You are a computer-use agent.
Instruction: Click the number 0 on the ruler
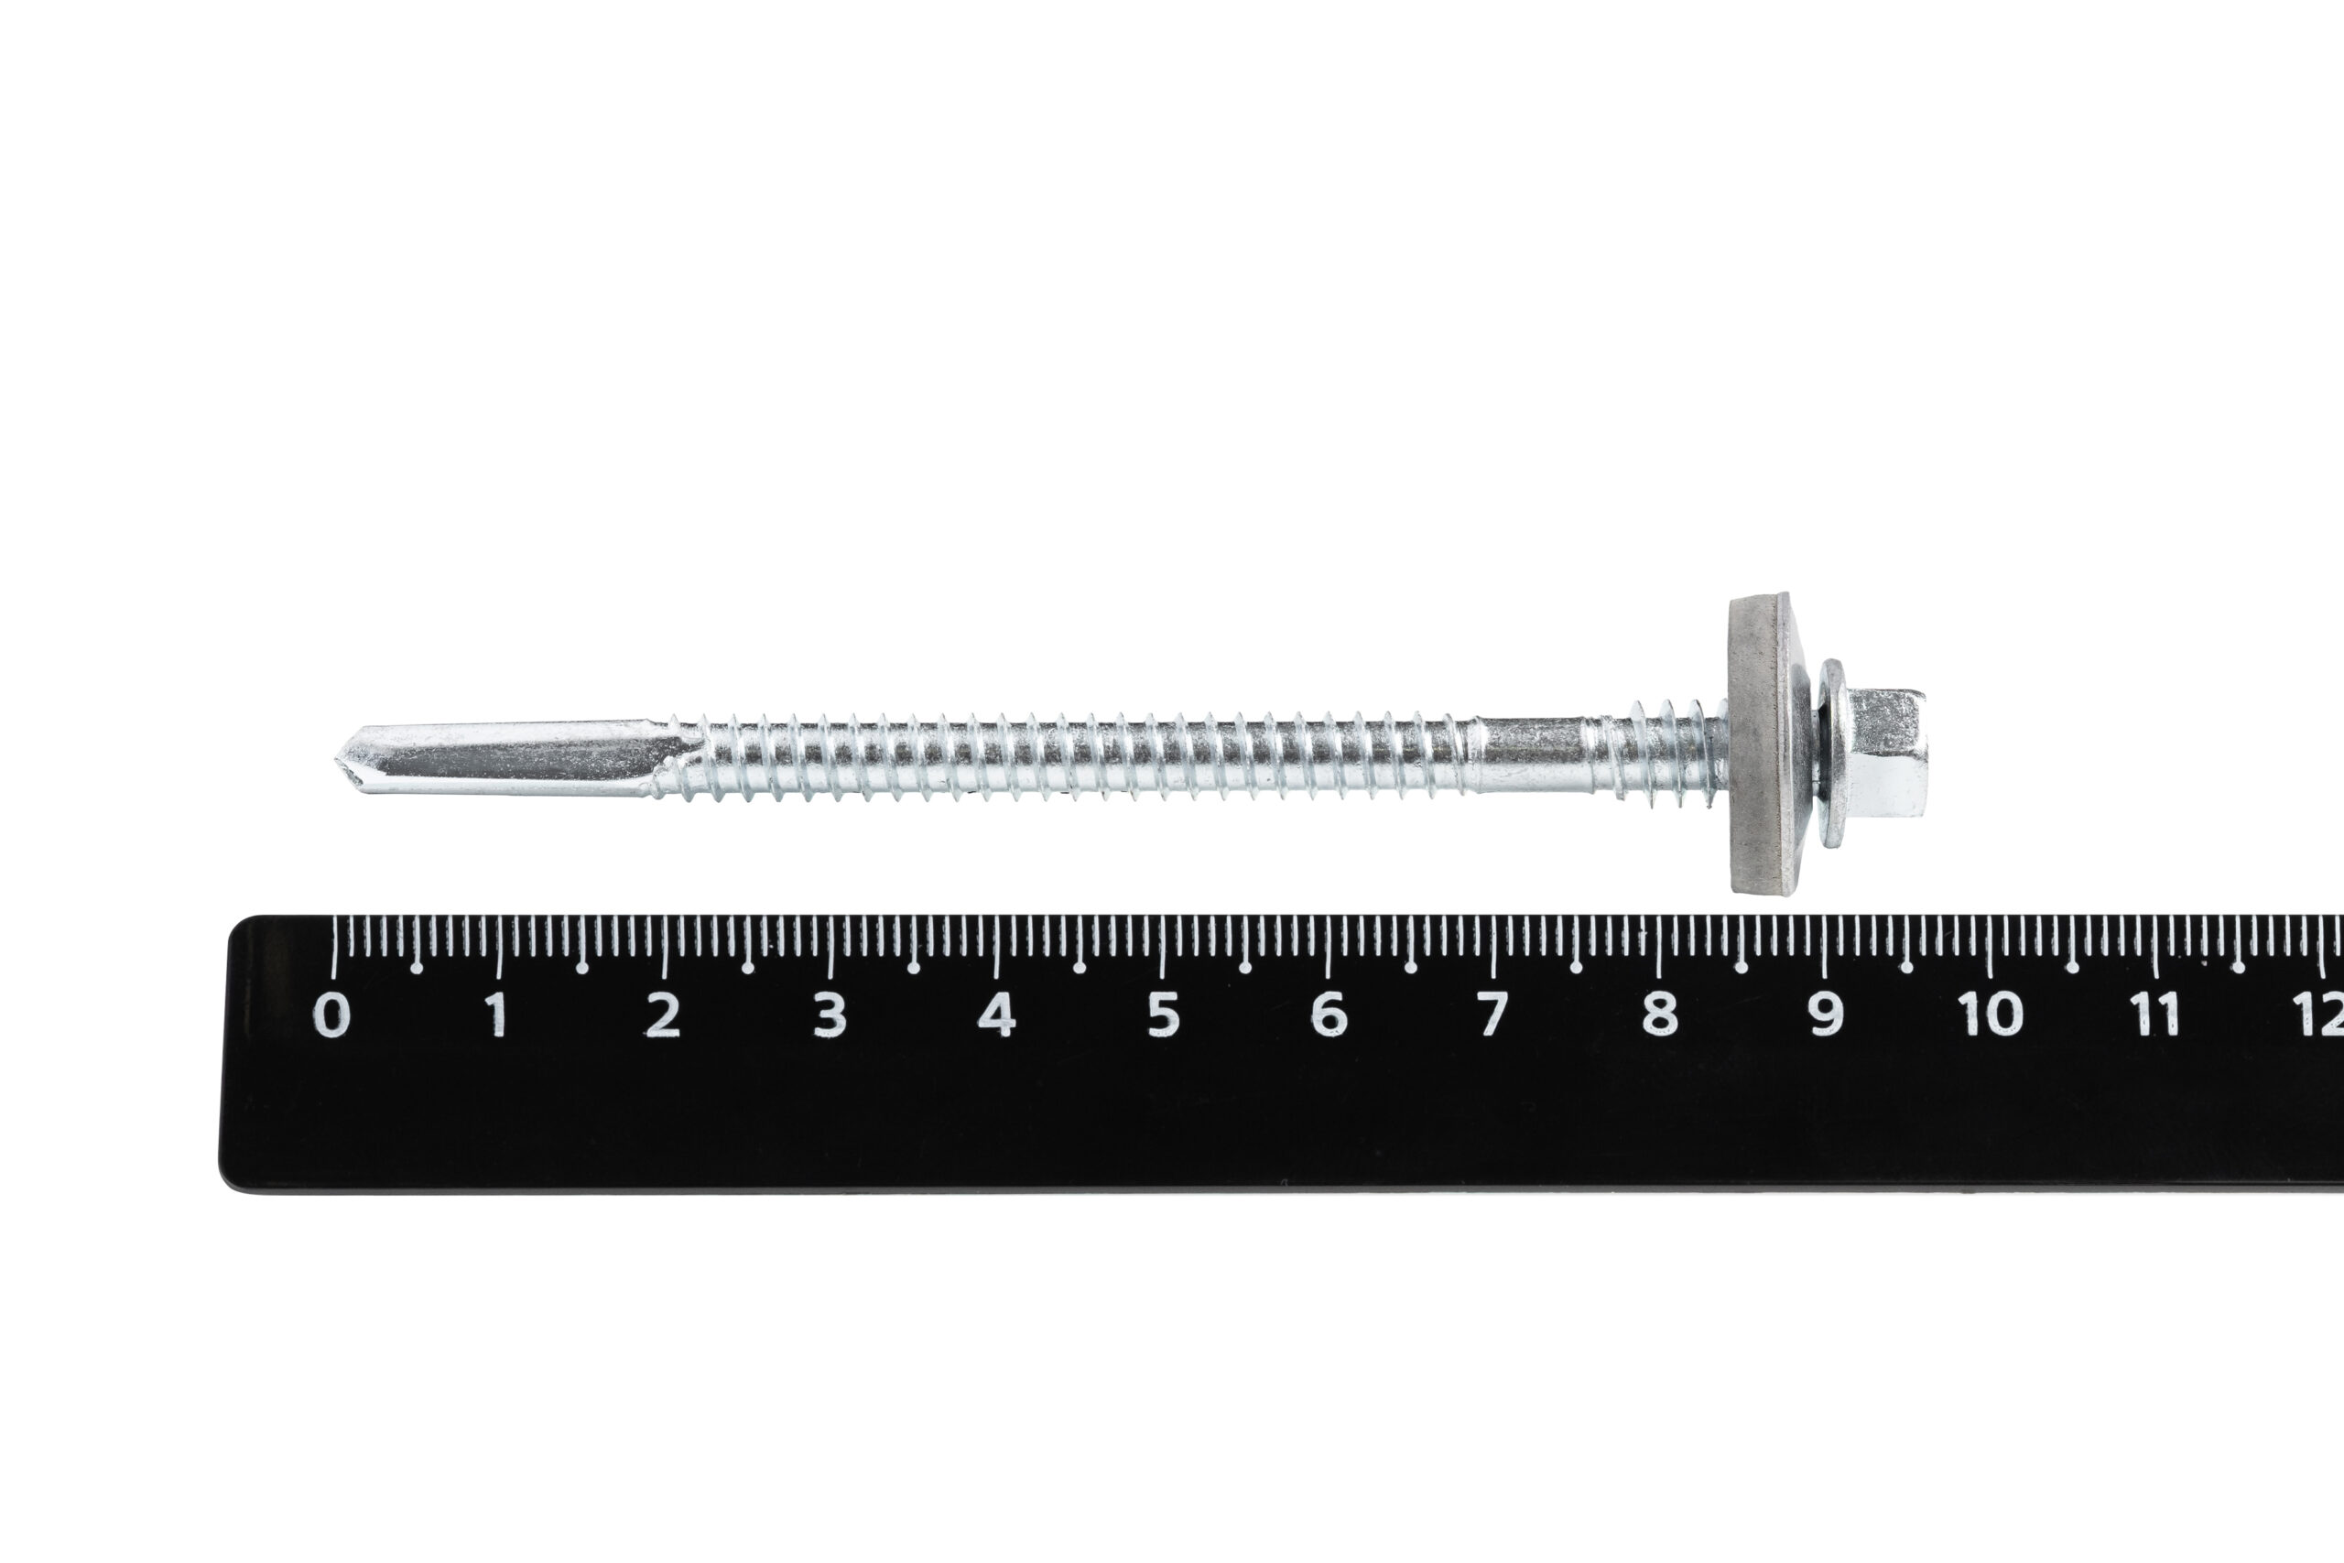(331, 1015)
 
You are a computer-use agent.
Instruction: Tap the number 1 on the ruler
(496, 1015)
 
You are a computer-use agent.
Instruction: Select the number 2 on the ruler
(663, 1015)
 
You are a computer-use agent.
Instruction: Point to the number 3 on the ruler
(830, 1015)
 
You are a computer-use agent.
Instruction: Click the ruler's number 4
(995, 1015)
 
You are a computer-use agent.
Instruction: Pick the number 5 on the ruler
(1162, 1015)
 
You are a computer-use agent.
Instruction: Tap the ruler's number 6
(1328, 1015)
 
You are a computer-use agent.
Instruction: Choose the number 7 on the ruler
(1491, 1015)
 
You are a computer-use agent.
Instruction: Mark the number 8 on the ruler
(1658, 1015)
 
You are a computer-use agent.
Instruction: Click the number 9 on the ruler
(1825, 1015)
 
